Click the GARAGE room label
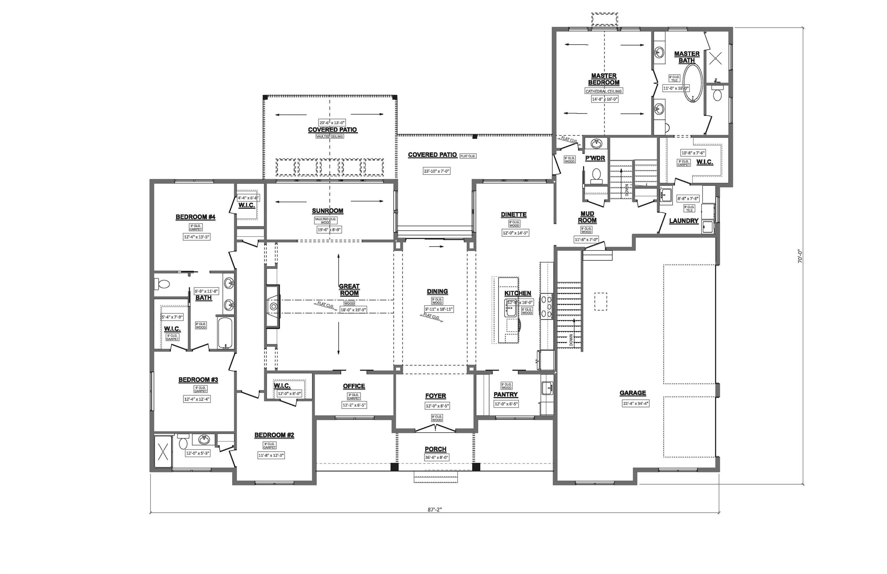(x=632, y=393)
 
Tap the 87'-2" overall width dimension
(x=435, y=510)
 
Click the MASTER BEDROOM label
(x=604, y=79)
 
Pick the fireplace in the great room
(x=273, y=306)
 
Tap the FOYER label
(x=435, y=396)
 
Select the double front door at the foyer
(x=435, y=429)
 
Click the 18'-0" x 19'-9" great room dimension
(x=353, y=310)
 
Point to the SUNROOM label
(x=328, y=211)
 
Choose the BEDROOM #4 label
(x=195, y=217)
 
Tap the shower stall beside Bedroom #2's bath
(x=163, y=451)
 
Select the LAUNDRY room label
(x=684, y=221)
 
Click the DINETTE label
(x=514, y=215)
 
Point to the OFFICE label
(x=354, y=386)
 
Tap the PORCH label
(x=435, y=449)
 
